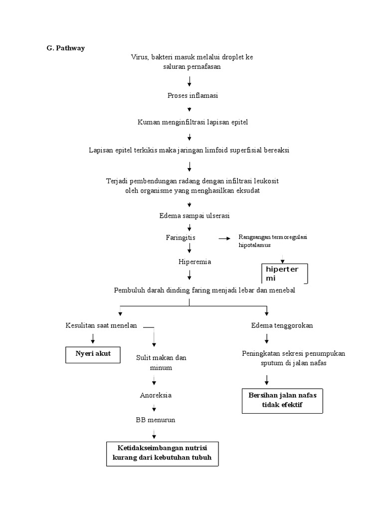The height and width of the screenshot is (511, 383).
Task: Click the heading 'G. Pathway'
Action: (63, 48)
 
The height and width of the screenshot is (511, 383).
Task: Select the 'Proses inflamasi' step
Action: (190, 95)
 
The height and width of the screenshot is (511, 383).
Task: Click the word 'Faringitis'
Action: (181, 238)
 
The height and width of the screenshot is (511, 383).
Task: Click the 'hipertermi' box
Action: (284, 273)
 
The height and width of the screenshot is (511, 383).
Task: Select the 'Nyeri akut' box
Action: (93, 354)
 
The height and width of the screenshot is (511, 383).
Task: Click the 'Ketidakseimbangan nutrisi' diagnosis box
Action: (163, 453)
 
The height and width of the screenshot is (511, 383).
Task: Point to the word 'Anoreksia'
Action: (156, 395)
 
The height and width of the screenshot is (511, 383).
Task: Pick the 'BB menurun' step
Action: (156, 420)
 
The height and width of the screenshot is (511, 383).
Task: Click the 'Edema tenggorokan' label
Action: (282, 325)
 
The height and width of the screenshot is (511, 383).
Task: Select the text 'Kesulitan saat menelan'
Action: (101, 325)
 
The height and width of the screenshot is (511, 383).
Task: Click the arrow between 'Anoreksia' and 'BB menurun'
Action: (154, 407)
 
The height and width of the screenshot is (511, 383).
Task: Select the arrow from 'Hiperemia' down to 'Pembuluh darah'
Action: (190, 274)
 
